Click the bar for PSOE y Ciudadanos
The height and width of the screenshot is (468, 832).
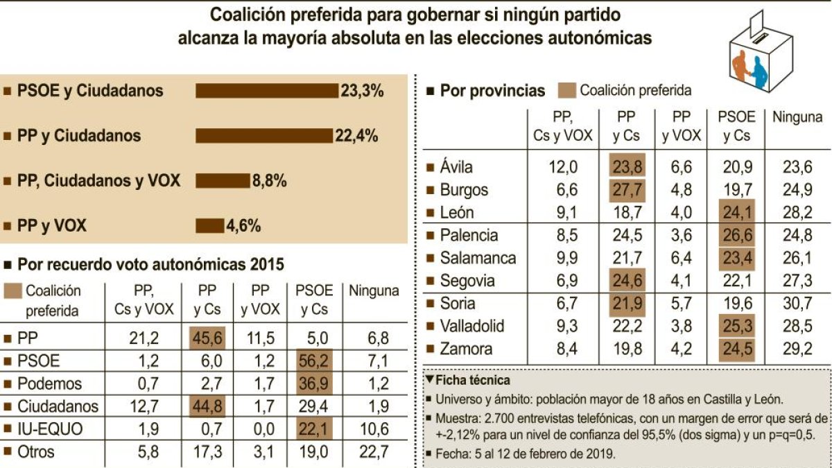267,91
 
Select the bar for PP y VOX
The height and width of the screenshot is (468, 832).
210,226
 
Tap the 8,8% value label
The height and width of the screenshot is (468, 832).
269,181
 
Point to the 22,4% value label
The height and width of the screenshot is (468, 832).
356,136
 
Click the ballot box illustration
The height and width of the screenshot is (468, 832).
761,51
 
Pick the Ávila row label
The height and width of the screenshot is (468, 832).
456,167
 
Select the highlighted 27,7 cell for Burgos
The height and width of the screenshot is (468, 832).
627,190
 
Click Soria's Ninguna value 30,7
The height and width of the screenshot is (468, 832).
797,304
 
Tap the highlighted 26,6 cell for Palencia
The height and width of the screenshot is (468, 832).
737,235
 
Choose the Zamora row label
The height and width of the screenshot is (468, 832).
466,349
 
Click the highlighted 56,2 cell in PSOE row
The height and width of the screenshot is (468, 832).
314,361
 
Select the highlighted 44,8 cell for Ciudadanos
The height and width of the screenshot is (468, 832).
207,406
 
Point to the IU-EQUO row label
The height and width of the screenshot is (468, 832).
50,429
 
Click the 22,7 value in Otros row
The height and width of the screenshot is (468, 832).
374,452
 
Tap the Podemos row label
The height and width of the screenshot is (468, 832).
49,383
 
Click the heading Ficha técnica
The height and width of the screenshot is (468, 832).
472,381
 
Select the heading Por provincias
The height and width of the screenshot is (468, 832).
492,91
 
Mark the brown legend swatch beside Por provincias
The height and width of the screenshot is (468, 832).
567,91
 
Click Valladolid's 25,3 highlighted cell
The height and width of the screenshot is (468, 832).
737,326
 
